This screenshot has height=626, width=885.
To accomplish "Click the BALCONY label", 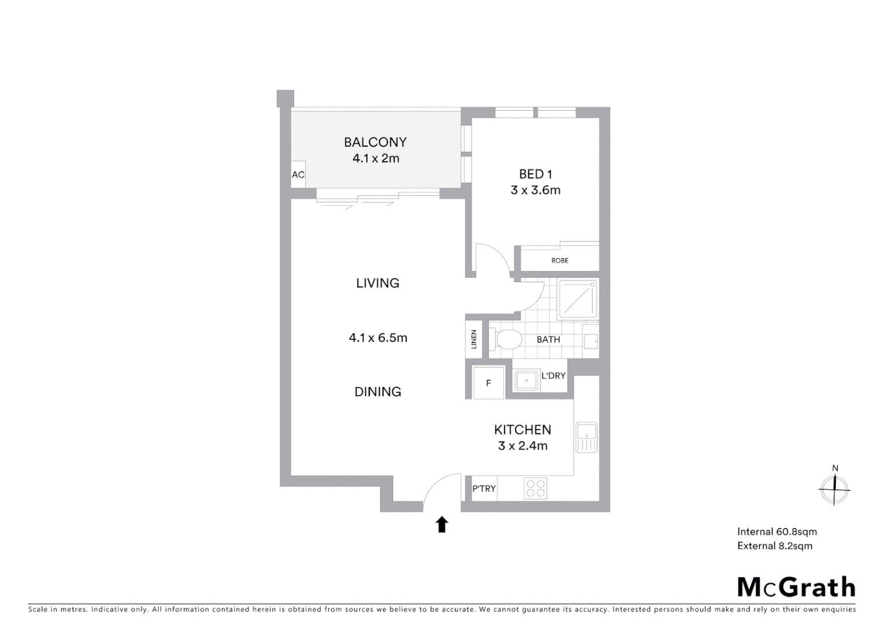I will pos(375,142).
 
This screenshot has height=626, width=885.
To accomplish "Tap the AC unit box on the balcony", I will pos(298,174).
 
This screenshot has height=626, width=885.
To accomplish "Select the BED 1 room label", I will pos(535,174).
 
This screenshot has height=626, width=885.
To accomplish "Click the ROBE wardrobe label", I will pos(559,261).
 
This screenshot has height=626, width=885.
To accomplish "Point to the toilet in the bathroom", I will pos(506,340).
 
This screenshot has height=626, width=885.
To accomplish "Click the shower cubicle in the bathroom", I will pos(577,299).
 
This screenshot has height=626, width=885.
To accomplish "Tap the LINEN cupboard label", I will pos(474,339).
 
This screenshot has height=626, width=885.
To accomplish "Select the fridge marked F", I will pos(488,383).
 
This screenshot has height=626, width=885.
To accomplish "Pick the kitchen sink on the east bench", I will pos(587,437).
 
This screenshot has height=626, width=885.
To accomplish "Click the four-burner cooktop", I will pos(535,489).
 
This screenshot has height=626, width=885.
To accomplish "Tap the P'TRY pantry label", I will pos(484,489).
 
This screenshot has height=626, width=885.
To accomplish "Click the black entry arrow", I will pos(442,525).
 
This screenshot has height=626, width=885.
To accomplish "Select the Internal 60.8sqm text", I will pos(777,532).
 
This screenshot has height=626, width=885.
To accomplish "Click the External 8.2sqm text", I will pos(774,546).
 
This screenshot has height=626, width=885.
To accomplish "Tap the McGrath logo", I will pos(796,587).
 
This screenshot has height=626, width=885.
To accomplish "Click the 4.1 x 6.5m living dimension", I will pos(378,338).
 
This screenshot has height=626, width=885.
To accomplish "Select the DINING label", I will pos(378,392).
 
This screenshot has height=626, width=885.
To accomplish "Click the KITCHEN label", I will pos(522,430).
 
